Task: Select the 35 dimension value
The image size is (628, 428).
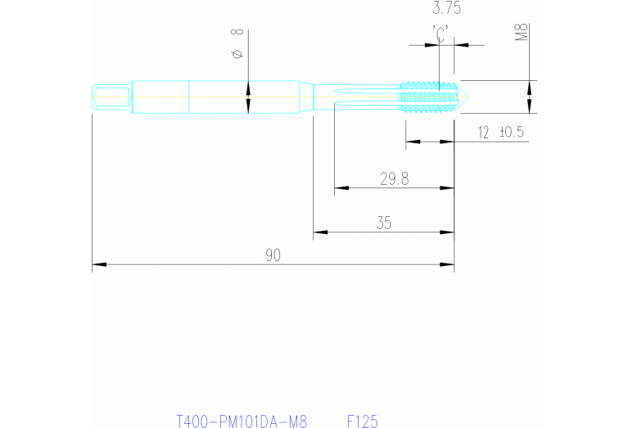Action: point(384,223)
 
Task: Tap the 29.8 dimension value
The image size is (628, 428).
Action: point(394,179)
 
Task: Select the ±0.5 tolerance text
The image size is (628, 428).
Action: point(511,132)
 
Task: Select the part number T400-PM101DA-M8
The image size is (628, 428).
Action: point(242,421)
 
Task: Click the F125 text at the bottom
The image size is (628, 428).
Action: point(362,421)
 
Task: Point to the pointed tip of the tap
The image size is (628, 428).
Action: point(466,97)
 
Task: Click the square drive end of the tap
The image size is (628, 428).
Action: point(110,97)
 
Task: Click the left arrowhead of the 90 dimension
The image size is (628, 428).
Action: point(98,265)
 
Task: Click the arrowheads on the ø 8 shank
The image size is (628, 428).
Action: point(248,97)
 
